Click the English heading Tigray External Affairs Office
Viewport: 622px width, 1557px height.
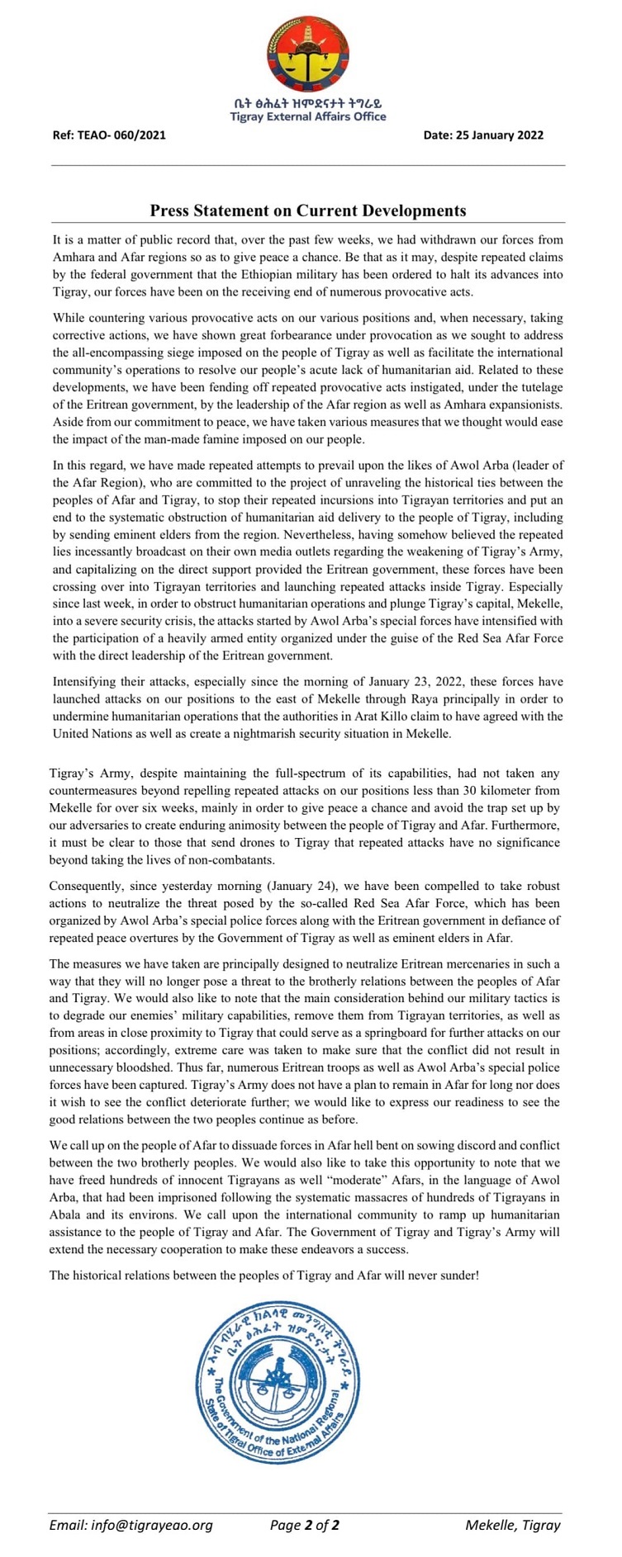tap(307, 116)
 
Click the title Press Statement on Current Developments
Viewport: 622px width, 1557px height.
tap(307, 211)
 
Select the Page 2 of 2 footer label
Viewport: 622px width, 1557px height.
tap(305, 1525)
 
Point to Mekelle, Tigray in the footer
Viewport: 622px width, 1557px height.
tap(512, 1525)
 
